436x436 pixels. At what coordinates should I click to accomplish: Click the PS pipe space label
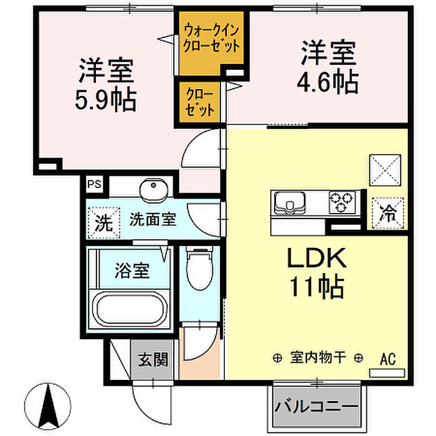coord(94,184)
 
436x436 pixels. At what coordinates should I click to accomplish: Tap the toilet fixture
coord(199,268)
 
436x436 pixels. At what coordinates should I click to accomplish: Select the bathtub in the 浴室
coord(130,309)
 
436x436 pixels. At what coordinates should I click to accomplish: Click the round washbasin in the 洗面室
coord(153,189)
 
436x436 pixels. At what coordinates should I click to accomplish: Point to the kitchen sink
coord(290,202)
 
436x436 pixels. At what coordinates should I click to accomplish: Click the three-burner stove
coord(342,202)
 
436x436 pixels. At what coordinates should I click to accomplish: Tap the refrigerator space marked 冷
coord(387,213)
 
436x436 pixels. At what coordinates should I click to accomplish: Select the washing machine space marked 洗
coord(104,222)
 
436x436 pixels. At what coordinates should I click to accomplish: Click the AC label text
coord(387,359)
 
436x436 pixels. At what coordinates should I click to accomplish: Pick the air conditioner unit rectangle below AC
coord(387,373)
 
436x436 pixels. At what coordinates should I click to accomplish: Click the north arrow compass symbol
coord(48,406)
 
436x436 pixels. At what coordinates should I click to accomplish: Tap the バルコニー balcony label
coord(316,407)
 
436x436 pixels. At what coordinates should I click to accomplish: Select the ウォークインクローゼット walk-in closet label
coord(212,38)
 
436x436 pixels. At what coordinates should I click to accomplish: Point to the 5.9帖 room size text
coord(106,100)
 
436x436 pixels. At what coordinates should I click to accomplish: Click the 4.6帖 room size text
coord(328,82)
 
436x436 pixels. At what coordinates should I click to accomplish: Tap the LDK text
coord(316,258)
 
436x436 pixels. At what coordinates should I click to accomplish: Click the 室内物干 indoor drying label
coord(318,358)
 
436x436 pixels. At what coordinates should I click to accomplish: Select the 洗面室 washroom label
coord(153,220)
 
